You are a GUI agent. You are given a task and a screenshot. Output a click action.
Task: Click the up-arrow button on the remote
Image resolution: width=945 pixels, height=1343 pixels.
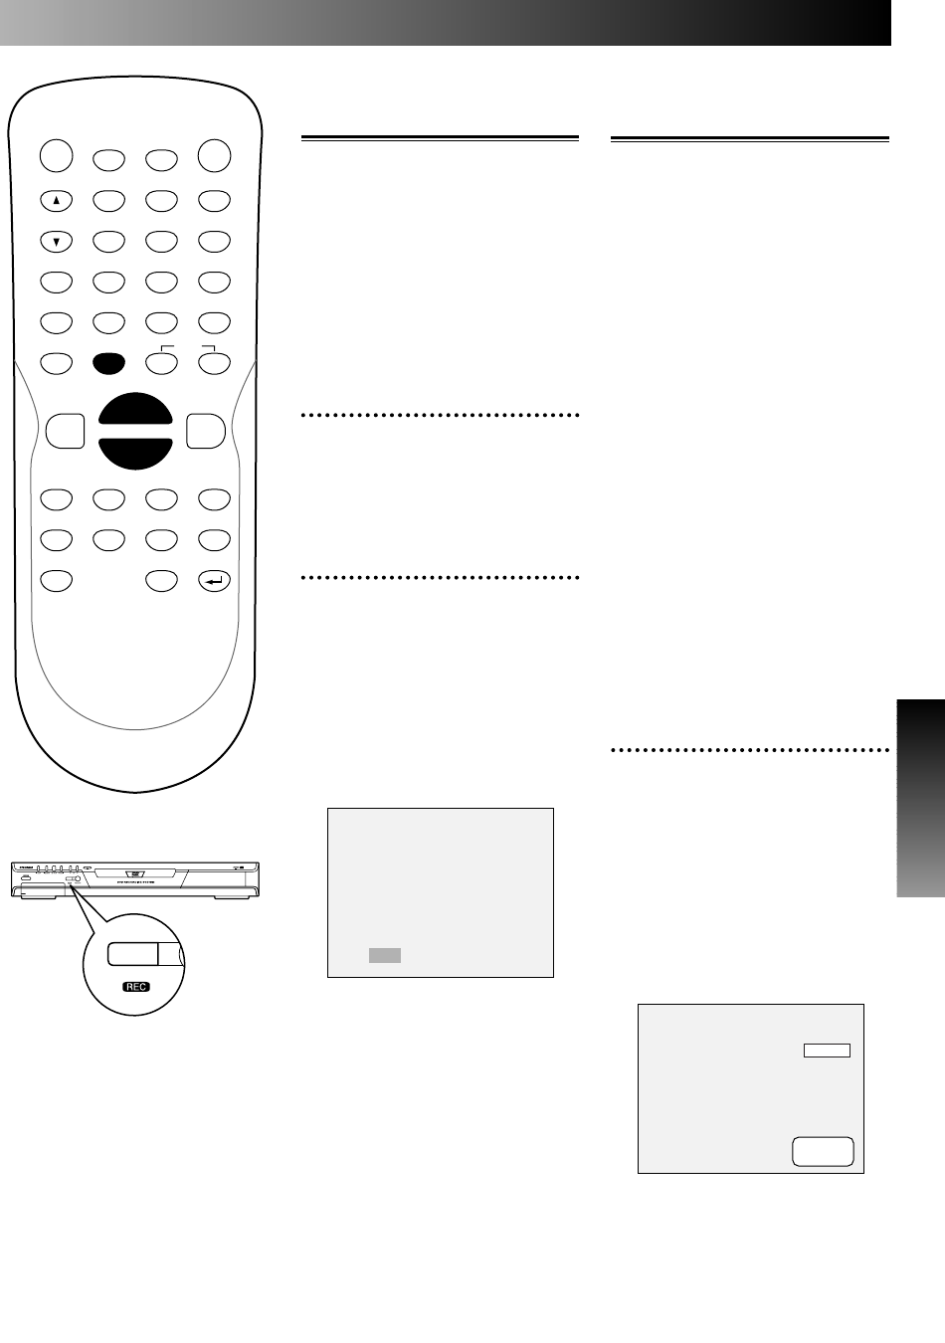click(57, 200)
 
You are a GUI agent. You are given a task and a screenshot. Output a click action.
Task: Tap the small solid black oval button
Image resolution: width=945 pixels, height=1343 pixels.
click(108, 363)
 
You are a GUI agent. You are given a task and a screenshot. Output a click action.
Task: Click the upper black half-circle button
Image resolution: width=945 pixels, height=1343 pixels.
click(135, 412)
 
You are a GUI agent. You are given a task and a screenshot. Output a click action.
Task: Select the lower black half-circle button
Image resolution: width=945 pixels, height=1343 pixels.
click(135, 451)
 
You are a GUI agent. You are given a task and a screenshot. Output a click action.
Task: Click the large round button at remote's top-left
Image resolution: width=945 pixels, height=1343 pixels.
click(57, 155)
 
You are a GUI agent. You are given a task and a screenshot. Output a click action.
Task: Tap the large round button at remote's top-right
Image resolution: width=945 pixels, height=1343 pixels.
click(214, 155)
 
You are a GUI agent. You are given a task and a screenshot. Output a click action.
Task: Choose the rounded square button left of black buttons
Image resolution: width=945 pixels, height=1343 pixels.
click(65, 431)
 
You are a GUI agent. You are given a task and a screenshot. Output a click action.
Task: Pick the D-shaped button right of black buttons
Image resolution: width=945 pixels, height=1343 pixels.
click(205, 431)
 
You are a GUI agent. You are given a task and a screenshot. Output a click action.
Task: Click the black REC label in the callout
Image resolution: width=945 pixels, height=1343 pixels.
click(135, 987)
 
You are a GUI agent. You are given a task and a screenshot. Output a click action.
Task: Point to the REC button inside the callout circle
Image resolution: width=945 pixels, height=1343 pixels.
click(132, 953)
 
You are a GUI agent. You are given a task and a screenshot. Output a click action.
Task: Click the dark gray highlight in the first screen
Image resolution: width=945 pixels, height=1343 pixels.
click(385, 955)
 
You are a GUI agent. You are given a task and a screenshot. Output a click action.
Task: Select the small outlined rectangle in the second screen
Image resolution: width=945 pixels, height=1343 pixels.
click(827, 1050)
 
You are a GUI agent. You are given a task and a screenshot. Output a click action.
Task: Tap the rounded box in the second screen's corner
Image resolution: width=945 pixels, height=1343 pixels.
click(823, 1151)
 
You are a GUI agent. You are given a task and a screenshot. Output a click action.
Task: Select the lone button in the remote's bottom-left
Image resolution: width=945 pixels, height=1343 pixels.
click(57, 580)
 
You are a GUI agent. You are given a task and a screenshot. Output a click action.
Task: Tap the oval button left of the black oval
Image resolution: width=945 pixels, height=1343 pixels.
click(57, 363)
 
